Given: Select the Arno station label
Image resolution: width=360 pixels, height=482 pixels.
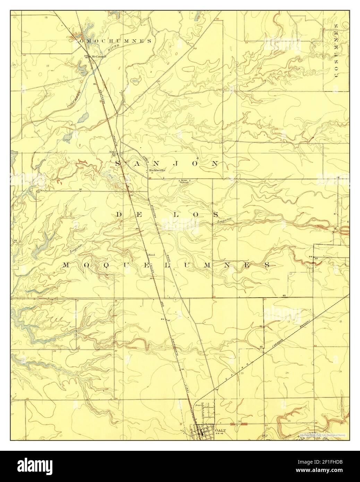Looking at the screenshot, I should point(112,152).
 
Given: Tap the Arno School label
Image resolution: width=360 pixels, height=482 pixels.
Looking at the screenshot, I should point(184,181).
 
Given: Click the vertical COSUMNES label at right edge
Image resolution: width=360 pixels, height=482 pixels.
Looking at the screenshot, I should point(336,52).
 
